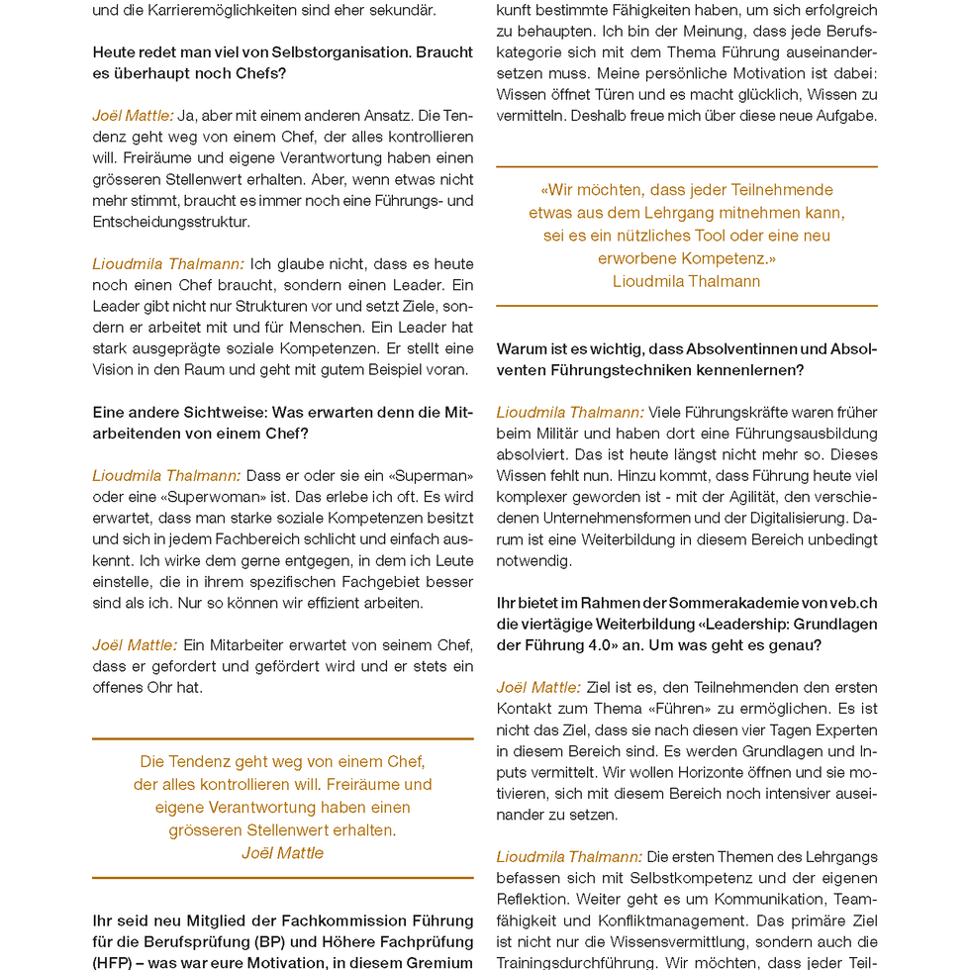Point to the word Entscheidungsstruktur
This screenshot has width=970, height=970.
point(172,222)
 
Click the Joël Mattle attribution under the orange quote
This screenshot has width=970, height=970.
point(282,853)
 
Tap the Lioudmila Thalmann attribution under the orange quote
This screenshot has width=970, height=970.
point(686,281)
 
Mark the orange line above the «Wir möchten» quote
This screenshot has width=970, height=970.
point(686,166)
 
